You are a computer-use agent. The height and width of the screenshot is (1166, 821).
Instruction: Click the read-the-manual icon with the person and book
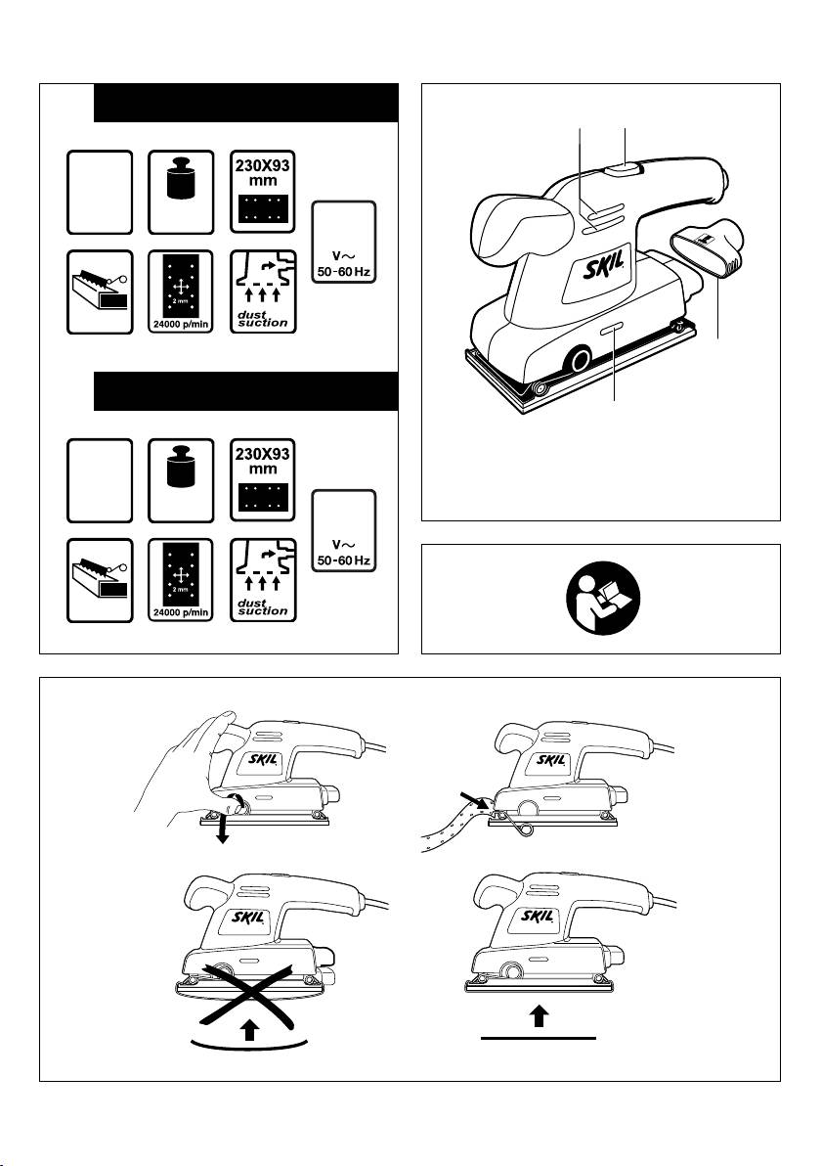[x=602, y=598]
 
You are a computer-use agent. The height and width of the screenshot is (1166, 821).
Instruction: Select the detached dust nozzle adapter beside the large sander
[x=708, y=249]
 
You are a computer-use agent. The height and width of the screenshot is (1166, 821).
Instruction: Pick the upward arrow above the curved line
[x=250, y=1028]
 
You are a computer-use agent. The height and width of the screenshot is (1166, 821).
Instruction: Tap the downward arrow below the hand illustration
[x=221, y=830]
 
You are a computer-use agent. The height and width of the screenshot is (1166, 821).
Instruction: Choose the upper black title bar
[x=246, y=103]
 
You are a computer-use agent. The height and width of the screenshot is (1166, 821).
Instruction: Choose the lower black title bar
[x=246, y=391]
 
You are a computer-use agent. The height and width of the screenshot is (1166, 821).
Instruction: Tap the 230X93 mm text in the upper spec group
[x=262, y=172]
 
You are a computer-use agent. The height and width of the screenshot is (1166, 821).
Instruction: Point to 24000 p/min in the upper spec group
[x=181, y=325]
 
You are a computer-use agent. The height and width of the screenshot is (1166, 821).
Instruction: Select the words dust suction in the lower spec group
[x=262, y=606]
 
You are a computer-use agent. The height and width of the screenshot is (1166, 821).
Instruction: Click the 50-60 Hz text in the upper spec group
[x=343, y=272]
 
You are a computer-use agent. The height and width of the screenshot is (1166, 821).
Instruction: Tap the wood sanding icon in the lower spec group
[x=101, y=581]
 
